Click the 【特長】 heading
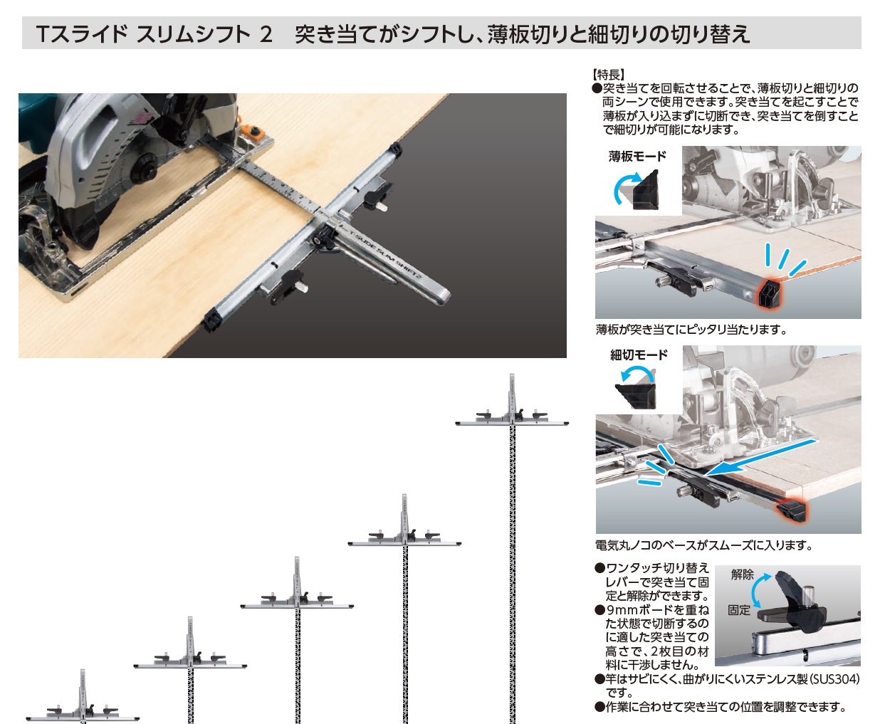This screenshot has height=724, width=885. (x=608, y=75)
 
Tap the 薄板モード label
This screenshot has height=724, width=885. (x=637, y=157)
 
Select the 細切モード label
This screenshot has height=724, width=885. (x=638, y=355)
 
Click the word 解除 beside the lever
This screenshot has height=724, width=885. (x=743, y=575)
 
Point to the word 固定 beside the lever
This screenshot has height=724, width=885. (x=739, y=610)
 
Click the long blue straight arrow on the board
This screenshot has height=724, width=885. (x=761, y=458)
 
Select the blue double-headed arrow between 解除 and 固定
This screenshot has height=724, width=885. (x=753, y=591)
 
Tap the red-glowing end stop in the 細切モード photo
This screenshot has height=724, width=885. (x=790, y=510)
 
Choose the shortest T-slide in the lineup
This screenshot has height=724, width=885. (x=83, y=697)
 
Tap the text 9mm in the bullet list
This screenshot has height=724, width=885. (x=622, y=610)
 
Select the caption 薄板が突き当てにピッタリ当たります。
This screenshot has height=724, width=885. (x=691, y=330)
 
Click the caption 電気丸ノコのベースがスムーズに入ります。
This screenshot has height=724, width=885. (x=704, y=545)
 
